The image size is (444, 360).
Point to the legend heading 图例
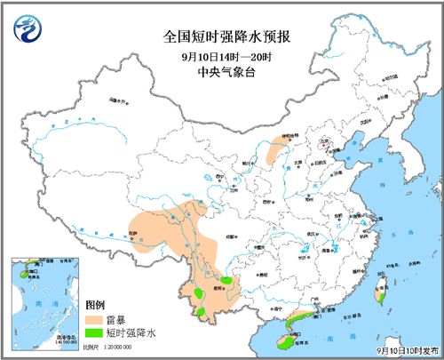95,304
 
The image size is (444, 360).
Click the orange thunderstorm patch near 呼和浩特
274,152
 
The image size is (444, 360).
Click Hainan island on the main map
285,339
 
